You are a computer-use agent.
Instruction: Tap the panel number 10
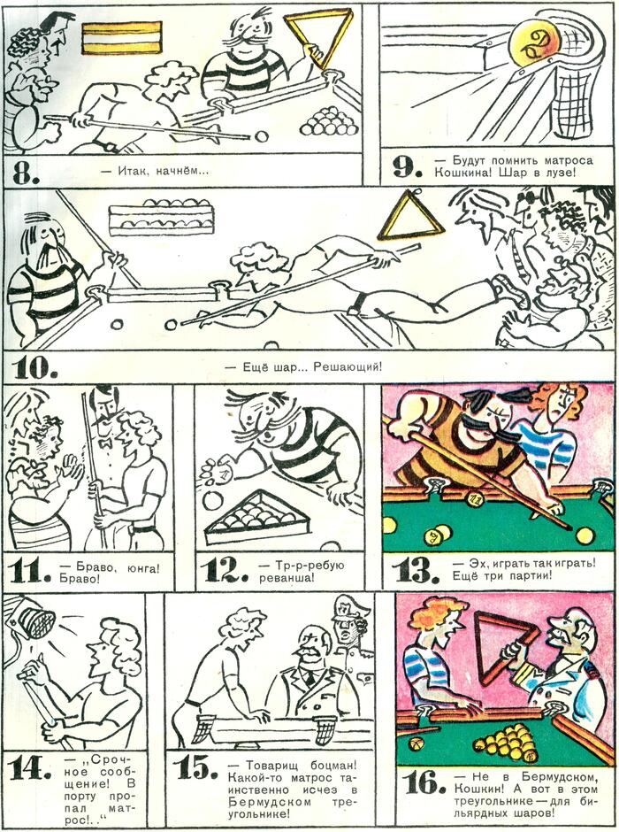(35, 367)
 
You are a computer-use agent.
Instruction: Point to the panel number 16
(421, 782)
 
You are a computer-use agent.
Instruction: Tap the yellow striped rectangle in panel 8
(122, 37)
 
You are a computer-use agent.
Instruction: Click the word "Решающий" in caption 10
(348, 366)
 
